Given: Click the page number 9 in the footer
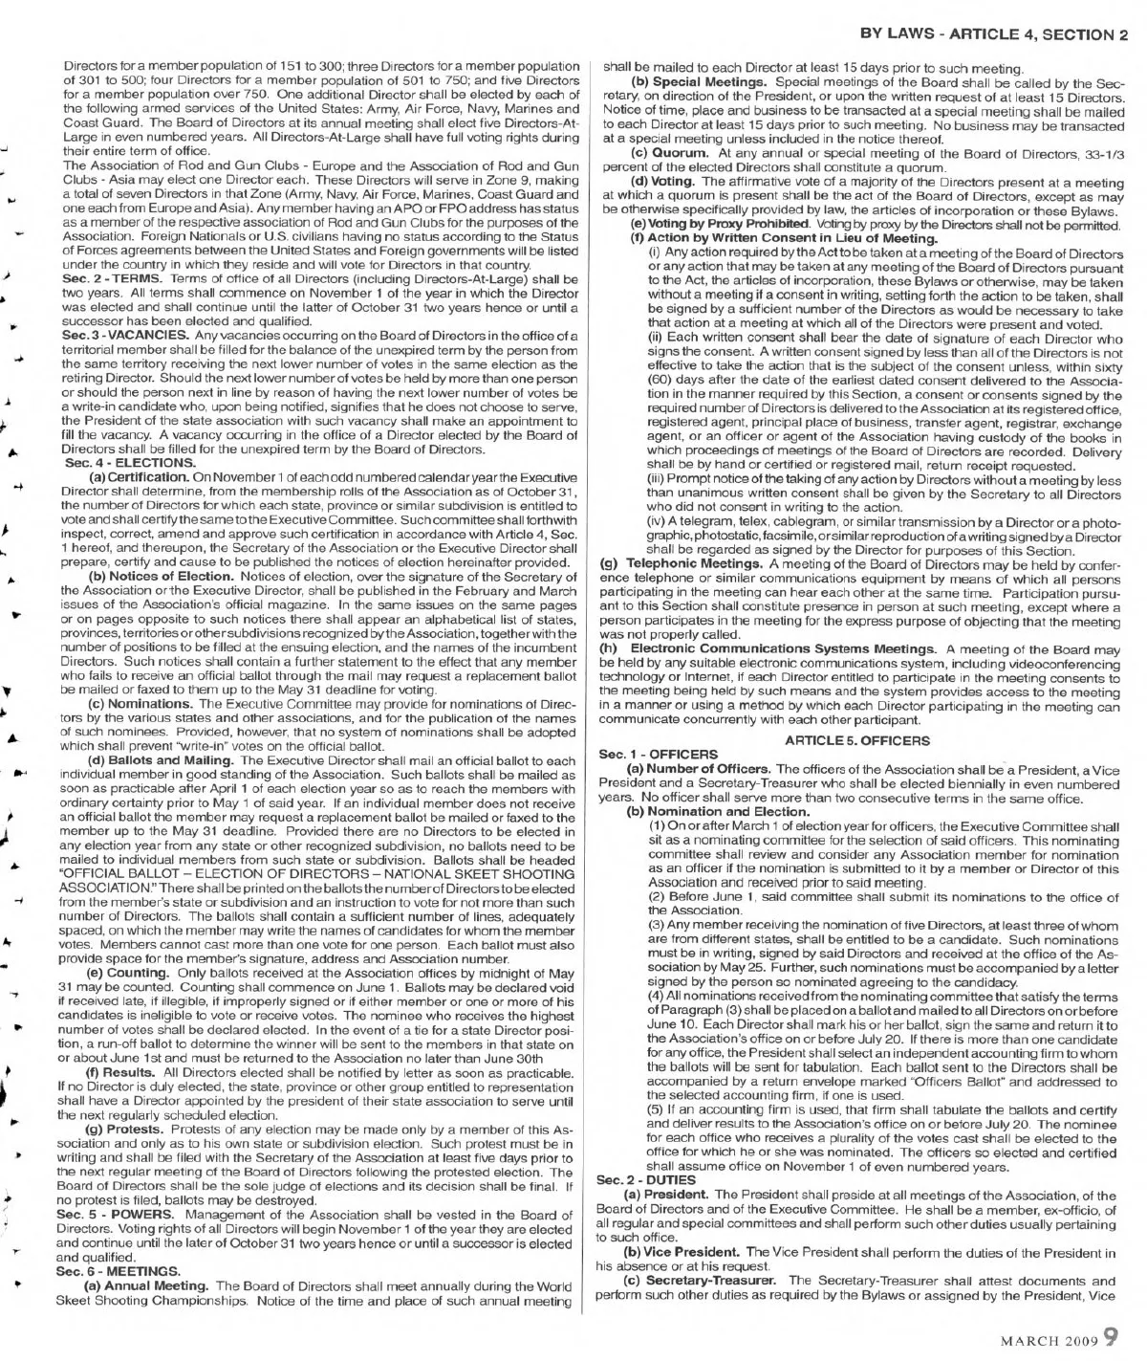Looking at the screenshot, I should pos(1111,1334).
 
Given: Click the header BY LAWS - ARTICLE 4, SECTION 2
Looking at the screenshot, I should pos(994,35).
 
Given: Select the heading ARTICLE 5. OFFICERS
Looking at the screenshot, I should pos(855,740).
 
